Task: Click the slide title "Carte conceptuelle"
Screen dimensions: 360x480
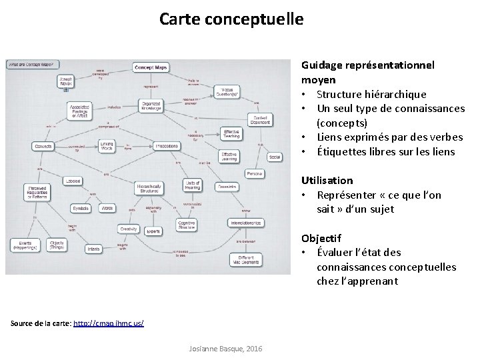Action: (231, 19)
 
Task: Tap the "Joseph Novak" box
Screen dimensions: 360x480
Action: (67, 81)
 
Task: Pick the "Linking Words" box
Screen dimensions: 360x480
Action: (107, 145)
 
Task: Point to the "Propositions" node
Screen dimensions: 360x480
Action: (166, 145)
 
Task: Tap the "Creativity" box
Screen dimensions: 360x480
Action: (129, 229)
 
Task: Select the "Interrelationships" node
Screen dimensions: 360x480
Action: (246, 223)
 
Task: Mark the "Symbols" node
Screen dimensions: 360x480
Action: (80, 208)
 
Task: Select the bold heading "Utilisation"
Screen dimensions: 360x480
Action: (327, 180)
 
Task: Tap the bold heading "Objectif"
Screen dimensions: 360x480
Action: (321, 237)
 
